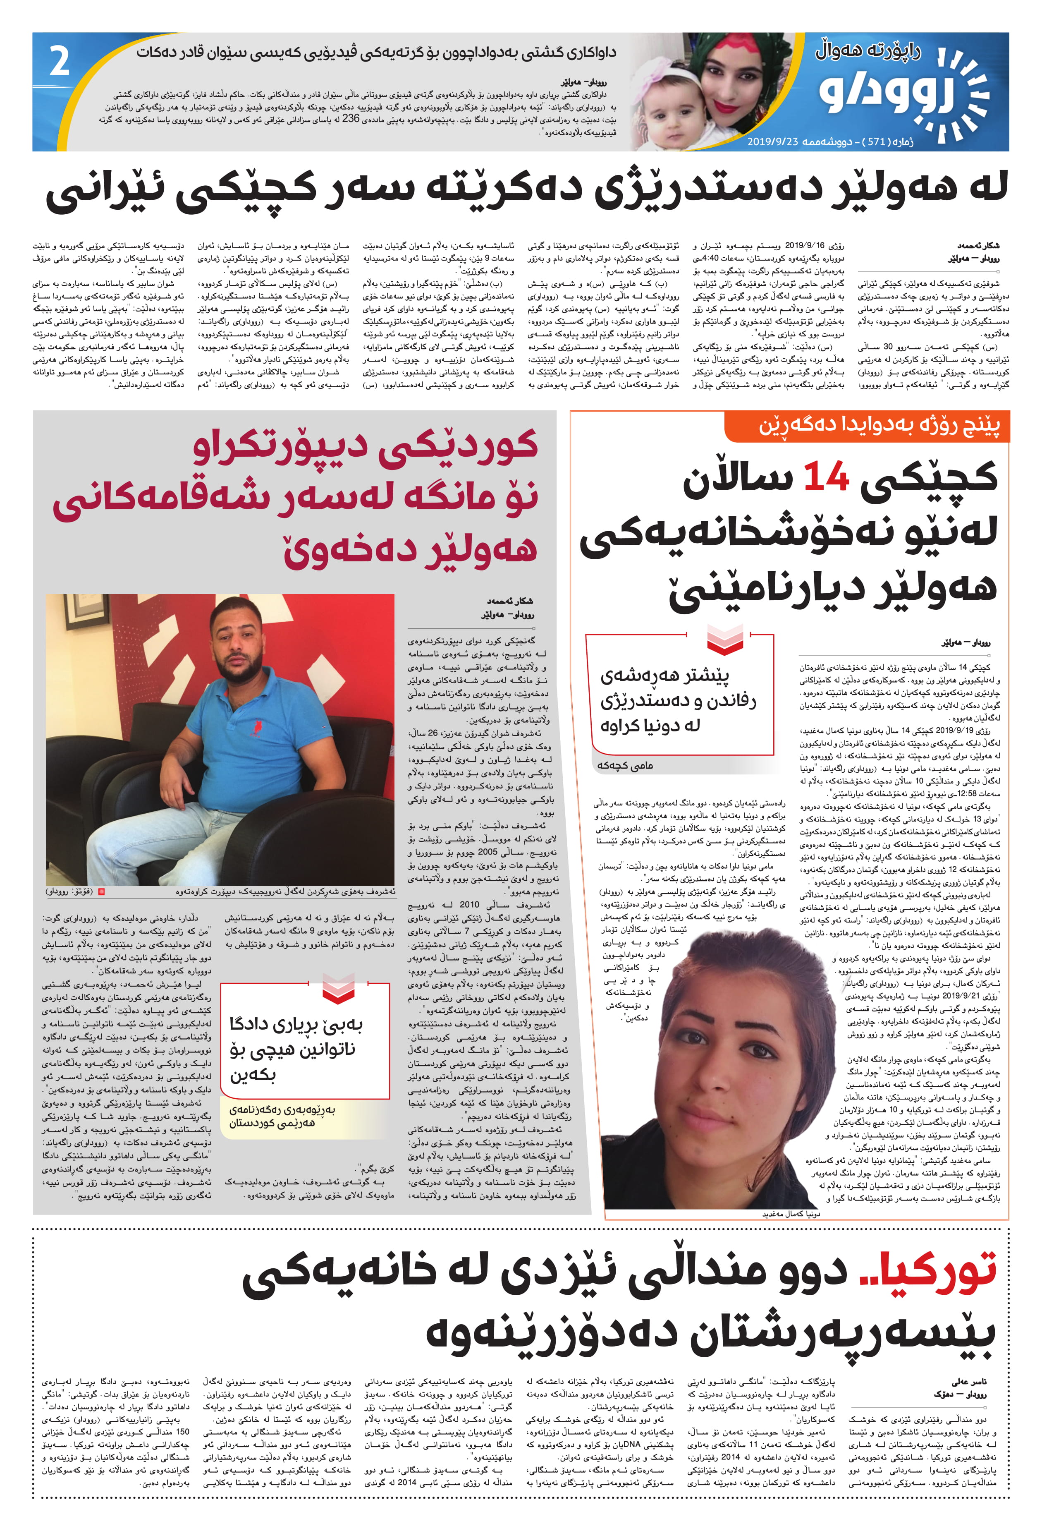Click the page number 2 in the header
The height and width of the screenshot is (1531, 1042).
[59, 62]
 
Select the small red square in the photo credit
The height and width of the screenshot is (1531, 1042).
[101, 891]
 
